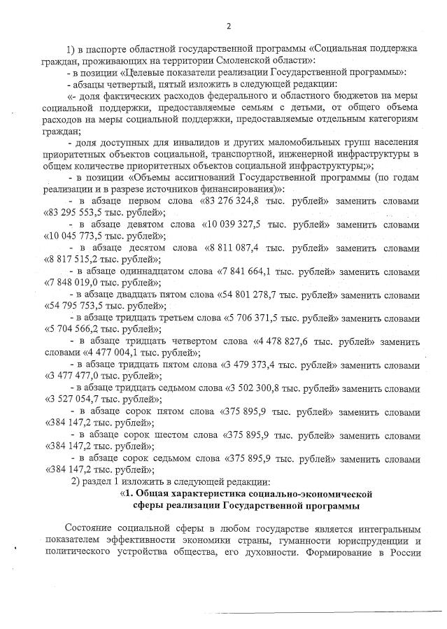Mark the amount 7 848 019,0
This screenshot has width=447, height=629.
tap(76, 283)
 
